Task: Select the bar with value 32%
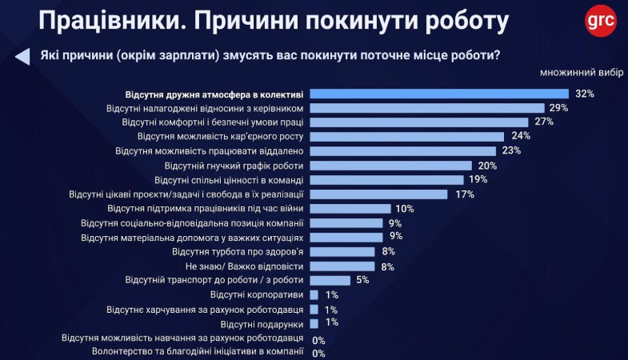point(438,94)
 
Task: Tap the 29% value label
point(558,108)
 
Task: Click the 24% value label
point(522,136)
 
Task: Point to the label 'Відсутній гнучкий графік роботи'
point(229,166)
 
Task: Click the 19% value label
point(478,179)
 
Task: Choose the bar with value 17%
point(378,194)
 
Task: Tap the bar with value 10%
point(349,208)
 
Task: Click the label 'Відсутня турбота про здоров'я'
point(238,252)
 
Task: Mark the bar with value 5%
point(330,280)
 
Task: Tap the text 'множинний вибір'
point(582,73)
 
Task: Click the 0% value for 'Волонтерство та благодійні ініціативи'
point(318,353)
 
